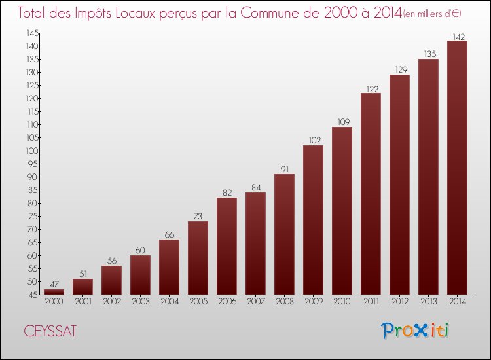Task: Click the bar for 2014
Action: (x=457, y=167)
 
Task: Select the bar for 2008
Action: (x=284, y=234)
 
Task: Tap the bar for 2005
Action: (x=198, y=257)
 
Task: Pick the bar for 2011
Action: (x=371, y=193)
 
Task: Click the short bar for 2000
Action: (x=54, y=292)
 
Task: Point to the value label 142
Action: (x=457, y=37)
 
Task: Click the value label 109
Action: (x=342, y=122)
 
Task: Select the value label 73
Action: (x=198, y=217)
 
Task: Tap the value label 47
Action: (x=54, y=285)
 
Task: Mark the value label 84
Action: (x=255, y=188)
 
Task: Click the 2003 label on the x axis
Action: (x=140, y=302)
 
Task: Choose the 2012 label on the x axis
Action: (x=399, y=302)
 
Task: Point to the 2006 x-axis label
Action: (x=227, y=302)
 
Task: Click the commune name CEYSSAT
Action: (x=50, y=331)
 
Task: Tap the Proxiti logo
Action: (x=416, y=331)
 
